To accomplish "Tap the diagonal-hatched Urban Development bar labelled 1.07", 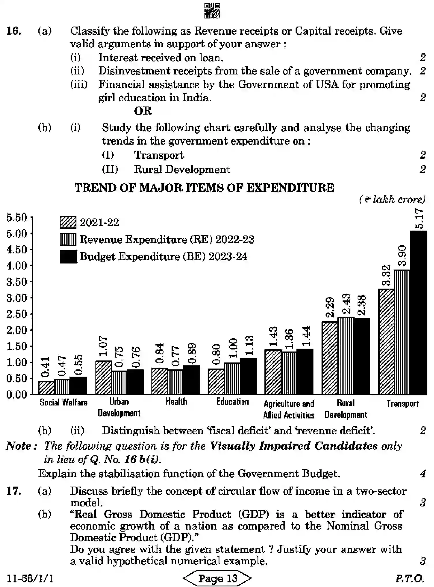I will point(104,377).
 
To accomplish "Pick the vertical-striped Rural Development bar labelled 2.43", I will point(346,356).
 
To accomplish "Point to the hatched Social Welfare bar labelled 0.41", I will point(46,388).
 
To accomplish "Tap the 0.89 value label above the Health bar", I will point(192,354).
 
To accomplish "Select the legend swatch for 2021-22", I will point(68,223).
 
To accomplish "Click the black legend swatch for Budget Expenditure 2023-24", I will point(68,257).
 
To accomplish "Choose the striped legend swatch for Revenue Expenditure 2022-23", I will point(68,240).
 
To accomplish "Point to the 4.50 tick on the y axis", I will point(16,250).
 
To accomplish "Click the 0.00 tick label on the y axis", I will point(16,395).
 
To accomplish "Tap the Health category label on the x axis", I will point(176,401).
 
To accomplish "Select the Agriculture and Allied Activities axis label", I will point(289,409).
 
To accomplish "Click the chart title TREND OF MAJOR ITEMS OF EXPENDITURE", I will point(204,188).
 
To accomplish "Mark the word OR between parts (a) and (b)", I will point(143,111).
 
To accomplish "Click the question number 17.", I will point(13,491).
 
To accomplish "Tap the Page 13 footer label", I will point(218,578).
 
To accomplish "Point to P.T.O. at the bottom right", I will point(409,578).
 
